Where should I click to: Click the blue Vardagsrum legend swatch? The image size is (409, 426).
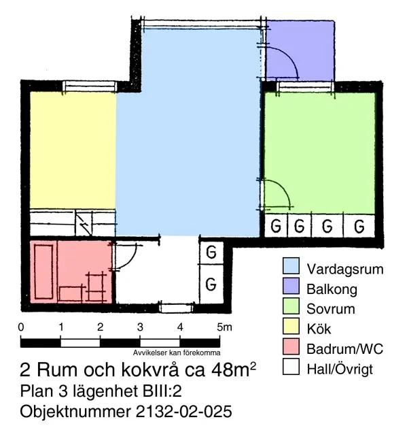pos(291,268)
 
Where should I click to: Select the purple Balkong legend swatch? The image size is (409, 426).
pos(291,289)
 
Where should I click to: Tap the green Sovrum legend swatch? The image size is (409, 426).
pos(291,309)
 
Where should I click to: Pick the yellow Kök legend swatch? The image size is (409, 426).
pos(291,329)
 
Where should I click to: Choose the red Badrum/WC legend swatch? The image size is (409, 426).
pos(291,350)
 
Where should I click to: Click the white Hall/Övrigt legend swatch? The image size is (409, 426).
pos(291,370)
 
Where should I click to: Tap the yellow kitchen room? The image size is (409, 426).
pos(71,150)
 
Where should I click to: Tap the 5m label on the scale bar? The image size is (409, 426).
pos(224,327)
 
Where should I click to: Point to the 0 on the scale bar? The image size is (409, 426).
pos(22,327)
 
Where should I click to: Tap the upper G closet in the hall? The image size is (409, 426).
pos(211,252)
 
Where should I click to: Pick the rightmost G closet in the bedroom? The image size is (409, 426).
pos(359,225)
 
